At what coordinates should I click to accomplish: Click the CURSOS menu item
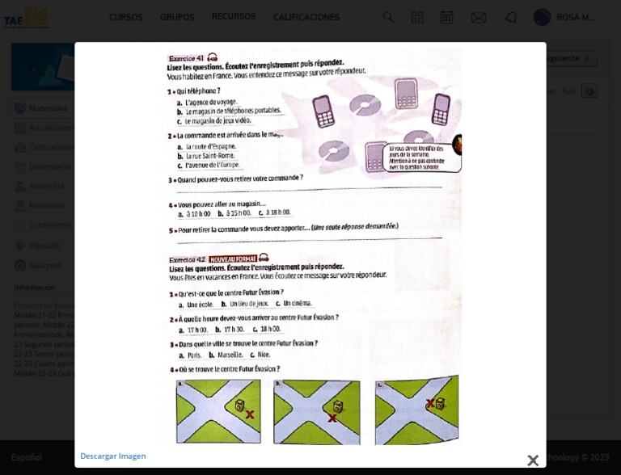tap(125, 17)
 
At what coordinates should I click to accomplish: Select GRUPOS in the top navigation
tap(177, 17)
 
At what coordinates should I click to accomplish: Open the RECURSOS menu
tap(234, 17)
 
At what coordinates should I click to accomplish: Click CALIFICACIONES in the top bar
tap(306, 17)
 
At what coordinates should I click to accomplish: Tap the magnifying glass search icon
tap(388, 17)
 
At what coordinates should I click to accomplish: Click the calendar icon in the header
tap(446, 17)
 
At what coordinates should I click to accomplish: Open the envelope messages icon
tap(479, 17)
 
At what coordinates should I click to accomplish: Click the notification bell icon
tap(510, 17)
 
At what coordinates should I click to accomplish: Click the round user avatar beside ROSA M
tap(542, 17)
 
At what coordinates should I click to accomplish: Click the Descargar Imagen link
tap(113, 456)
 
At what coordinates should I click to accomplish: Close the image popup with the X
tap(533, 460)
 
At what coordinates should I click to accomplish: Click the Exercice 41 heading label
tap(186, 58)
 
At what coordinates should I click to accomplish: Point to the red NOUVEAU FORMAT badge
tap(233, 259)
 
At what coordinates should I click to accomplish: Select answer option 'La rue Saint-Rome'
tap(210, 155)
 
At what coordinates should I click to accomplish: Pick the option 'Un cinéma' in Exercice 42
tap(296, 303)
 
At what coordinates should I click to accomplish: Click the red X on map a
tap(250, 414)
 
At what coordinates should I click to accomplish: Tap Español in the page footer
tap(27, 457)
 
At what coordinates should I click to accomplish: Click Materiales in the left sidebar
tap(48, 108)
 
